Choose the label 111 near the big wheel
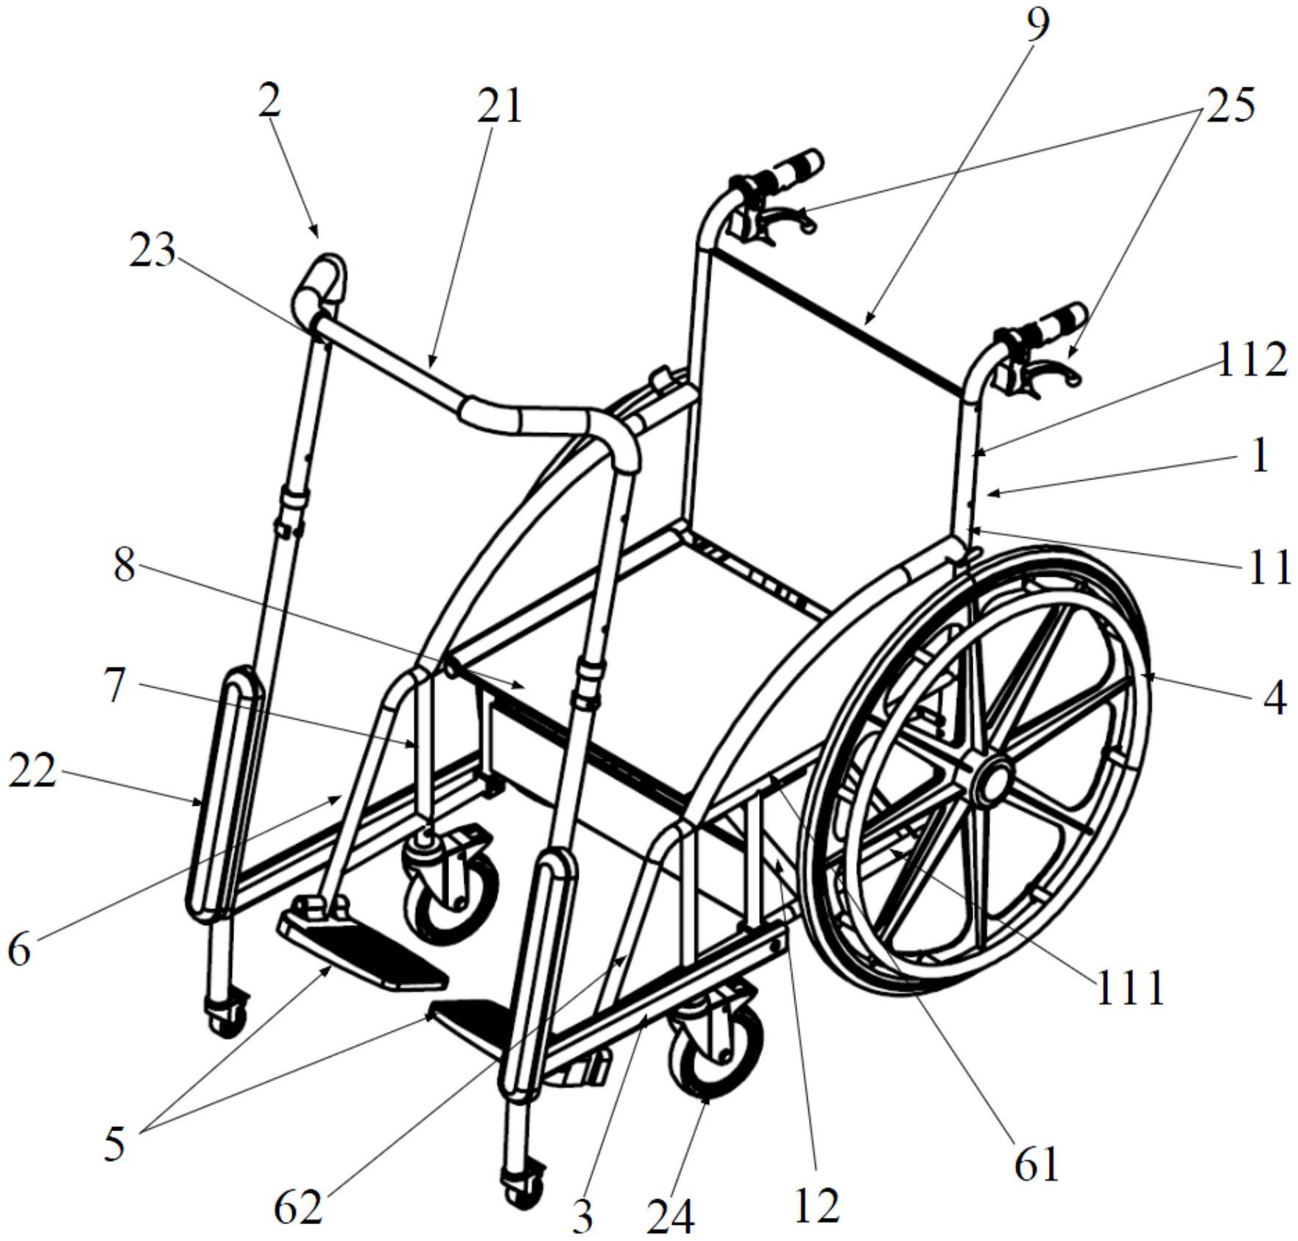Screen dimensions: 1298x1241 pos(1130,988)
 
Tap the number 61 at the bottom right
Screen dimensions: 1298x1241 pos(1037,1164)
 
